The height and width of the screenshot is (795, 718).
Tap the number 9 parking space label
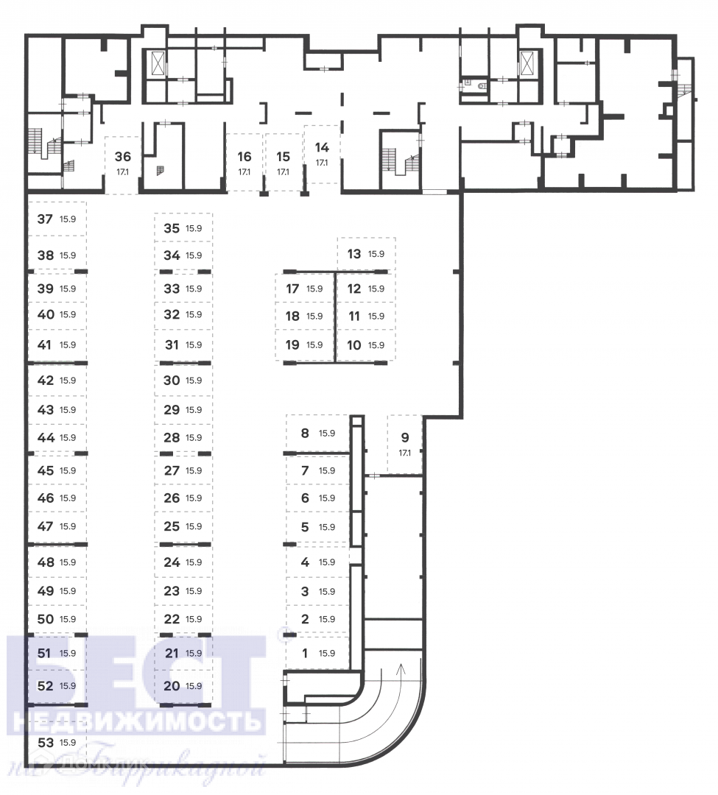[405, 437]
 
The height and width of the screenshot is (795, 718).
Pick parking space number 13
[354, 254]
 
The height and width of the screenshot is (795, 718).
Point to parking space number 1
[306, 652]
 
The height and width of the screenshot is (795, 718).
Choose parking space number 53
[46, 742]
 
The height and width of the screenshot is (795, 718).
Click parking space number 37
[46, 219]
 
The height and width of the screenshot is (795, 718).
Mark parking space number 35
[172, 228]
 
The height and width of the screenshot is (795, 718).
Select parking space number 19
[292, 344]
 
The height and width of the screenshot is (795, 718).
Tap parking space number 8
[305, 433]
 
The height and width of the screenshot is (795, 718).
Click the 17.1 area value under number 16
[244, 172]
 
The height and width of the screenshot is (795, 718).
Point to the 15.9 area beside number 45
[68, 470]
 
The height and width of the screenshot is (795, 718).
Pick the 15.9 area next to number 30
[194, 381]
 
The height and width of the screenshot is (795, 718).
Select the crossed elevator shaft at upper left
[158, 63]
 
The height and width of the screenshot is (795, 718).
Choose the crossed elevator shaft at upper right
[527, 62]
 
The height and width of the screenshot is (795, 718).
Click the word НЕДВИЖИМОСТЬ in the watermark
[139, 718]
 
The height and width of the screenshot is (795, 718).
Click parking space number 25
[172, 526]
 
